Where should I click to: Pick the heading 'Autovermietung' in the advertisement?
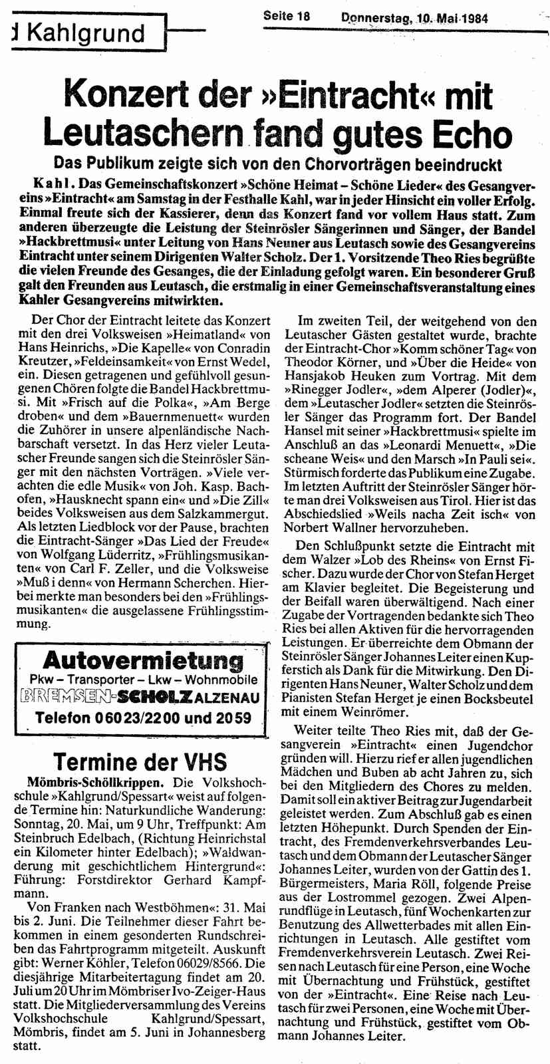pos(142,661)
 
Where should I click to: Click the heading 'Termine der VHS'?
pos(140,761)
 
